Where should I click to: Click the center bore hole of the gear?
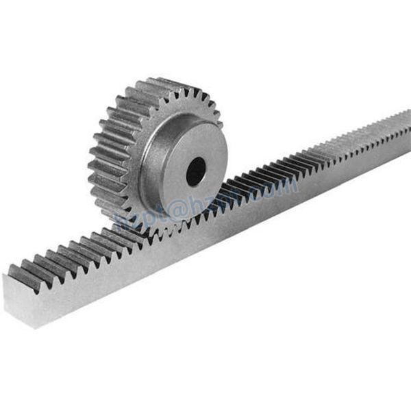(195, 171)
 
